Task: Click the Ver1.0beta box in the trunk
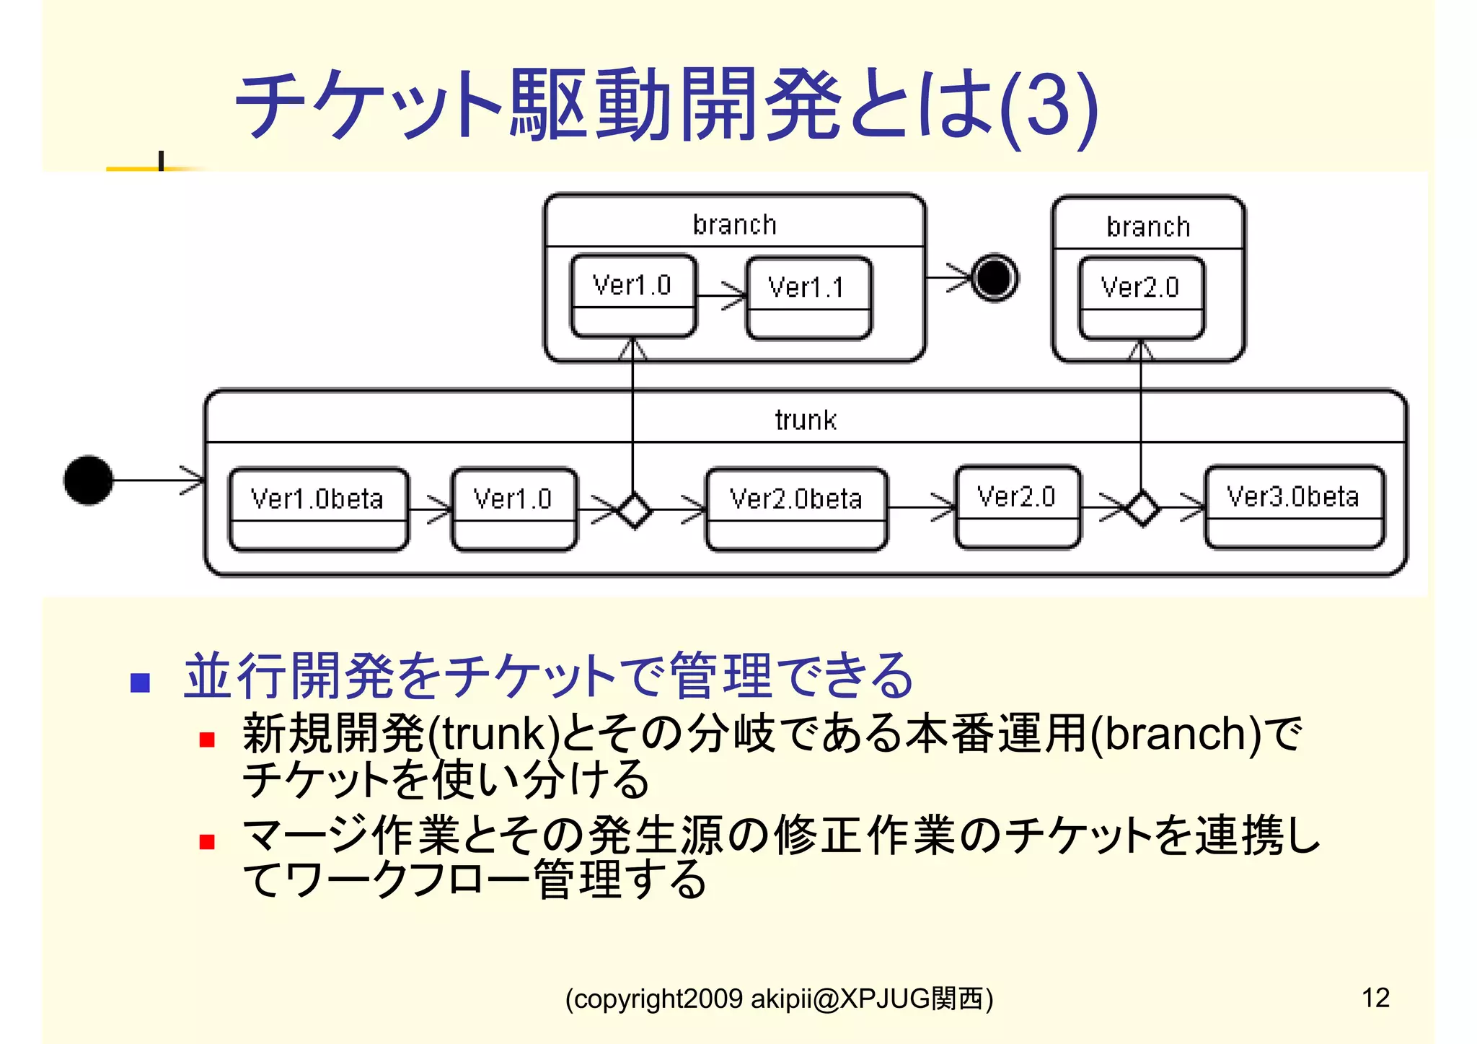pyautogui.click(x=318, y=509)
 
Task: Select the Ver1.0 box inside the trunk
pyautogui.click(x=513, y=509)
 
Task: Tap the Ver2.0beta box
pyautogui.click(x=796, y=509)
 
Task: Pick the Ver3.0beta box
pyautogui.click(x=1295, y=506)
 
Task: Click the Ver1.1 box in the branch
pyautogui.click(x=808, y=297)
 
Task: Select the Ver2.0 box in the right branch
pyautogui.click(x=1141, y=297)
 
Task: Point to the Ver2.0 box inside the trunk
pyautogui.click(x=1017, y=506)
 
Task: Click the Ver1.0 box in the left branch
pyautogui.click(x=632, y=295)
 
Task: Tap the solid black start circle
pyautogui.click(x=88, y=480)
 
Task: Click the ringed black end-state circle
pyautogui.click(x=995, y=277)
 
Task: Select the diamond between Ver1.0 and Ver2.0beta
pyautogui.click(x=634, y=510)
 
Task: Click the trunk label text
pyautogui.click(x=806, y=420)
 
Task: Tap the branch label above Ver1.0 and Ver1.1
pyautogui.click(x=734, y=225)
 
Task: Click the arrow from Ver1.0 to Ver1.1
pyautogui.click(x=721, y=296)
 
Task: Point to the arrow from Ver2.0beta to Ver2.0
pyautogui.click(x=922, y=507)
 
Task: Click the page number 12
pyautogui.click(x=1375, y=998)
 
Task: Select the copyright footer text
pyautogui.click(x=779, y=999)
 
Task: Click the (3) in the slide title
pyautogui.click(x=1049, y=107)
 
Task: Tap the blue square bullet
pyautogui.click(x=140, y=683)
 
